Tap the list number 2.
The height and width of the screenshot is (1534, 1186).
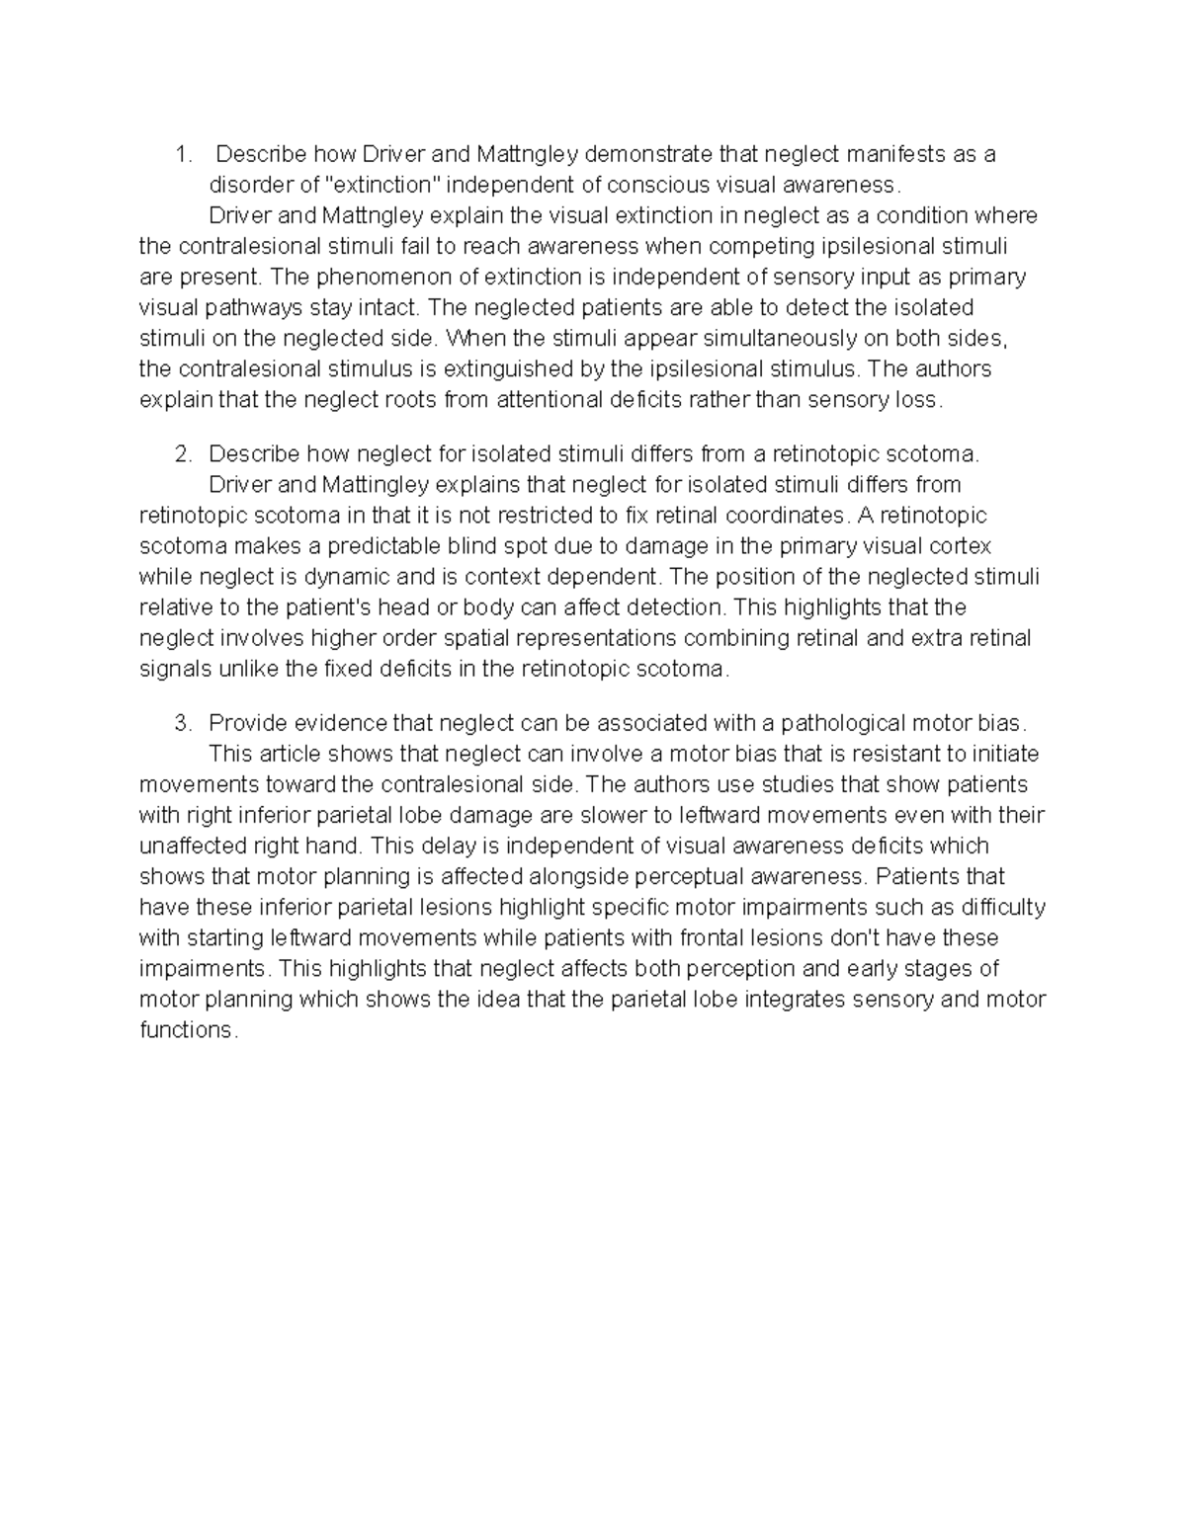click(x=181, y=454)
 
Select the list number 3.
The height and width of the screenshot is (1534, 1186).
click(x=181, y=723)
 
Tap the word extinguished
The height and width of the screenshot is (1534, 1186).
click(x=520, y=368)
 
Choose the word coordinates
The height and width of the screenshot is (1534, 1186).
click(x=787, y=516)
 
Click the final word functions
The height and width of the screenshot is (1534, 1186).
click(x=186, y=1029)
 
